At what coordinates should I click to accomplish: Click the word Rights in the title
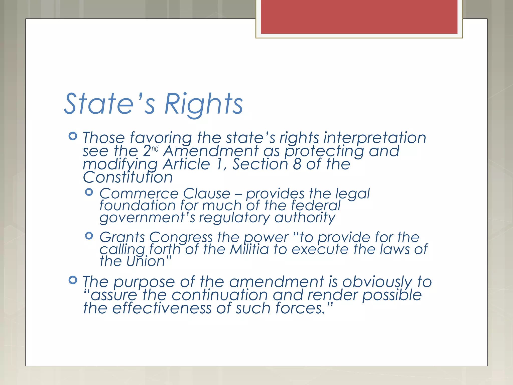(203, 104)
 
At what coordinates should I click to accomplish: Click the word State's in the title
(110, 104)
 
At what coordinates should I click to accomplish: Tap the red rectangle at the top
(359, 17)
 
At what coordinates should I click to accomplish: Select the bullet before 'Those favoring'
(73, 136)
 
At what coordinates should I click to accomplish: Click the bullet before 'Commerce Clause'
(89, 192)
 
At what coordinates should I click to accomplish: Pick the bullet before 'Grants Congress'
(89, 236)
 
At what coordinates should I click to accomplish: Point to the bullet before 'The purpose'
(73, 280)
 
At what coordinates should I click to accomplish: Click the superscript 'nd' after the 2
(155, 149)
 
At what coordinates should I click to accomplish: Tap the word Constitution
(128, 177)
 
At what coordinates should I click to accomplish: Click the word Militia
(249, 249)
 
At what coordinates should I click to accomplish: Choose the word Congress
(181, 237)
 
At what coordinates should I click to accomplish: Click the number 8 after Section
(297, 164)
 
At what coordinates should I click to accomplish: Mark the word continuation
(220, 295)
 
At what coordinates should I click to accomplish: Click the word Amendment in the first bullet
(211, 151)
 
